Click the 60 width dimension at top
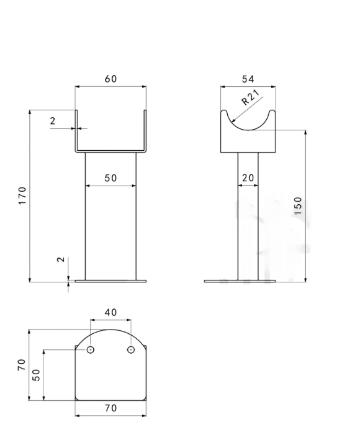[110, 79]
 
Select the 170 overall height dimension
[22, 195]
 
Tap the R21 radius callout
[251, 97]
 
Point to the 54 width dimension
[248, 79]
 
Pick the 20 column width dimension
[248, 178]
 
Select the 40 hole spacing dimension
[110, 313]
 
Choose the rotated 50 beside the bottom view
[36, 375]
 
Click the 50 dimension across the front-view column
[110, 178]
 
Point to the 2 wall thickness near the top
[53, 121]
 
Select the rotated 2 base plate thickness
[61, 259]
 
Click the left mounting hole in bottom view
[91, 350]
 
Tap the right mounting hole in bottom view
[131, 350]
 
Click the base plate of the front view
[110, 281]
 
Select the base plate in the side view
[240, 281]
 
